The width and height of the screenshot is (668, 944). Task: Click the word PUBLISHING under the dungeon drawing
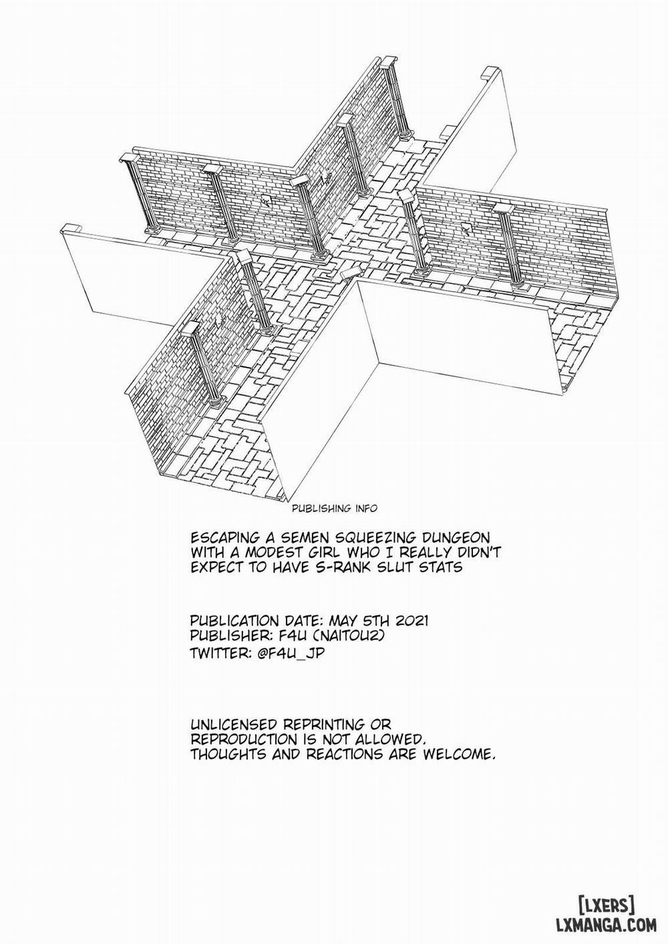pyautogui.click(x=322, y=509)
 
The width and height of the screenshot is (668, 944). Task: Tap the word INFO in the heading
pyautogui.click(x=366, y=509)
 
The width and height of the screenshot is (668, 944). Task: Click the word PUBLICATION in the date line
pyautogui.click(x=234, y=621)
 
